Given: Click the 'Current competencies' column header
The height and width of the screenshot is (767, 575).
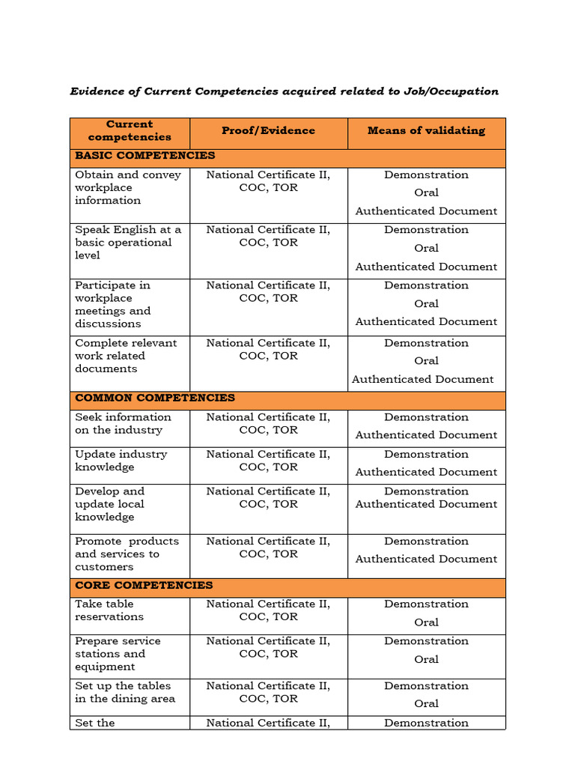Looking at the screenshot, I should coord(130,131).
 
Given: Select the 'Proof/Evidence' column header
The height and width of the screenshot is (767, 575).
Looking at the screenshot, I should coord(268,130).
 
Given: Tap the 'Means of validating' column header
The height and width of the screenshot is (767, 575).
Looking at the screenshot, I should coord(426,130).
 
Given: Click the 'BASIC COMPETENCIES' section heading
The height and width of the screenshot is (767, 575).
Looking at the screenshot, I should coord(145,156).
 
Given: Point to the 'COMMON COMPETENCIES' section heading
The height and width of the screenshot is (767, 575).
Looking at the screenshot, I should coord(155,398).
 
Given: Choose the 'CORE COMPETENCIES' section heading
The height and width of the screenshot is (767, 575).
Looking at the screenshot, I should coord(144,586).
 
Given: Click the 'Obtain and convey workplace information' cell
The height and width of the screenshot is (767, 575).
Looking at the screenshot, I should coord(128,187).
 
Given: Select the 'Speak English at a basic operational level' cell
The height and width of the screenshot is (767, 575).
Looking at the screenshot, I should coord(128,243).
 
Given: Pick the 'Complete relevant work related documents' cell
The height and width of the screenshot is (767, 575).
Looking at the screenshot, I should coord(126,356).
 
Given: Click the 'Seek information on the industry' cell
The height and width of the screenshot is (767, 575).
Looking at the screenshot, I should coord(123,424).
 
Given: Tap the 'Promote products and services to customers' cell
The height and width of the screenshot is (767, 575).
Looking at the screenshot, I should coord(127,554).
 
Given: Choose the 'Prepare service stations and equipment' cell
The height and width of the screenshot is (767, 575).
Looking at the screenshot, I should coord(118,654).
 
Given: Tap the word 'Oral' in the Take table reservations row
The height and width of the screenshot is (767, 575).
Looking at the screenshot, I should coord(426,622).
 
